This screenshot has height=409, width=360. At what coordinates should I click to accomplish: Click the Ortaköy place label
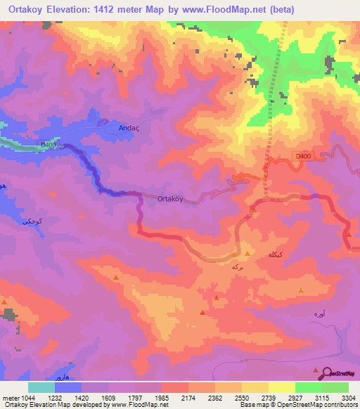(170, 199)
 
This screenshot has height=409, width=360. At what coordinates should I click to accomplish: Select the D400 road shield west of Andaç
(48, 145)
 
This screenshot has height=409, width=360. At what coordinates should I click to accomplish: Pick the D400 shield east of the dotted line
(301, 156)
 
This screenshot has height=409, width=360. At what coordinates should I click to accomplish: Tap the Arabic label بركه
(239, 268)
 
